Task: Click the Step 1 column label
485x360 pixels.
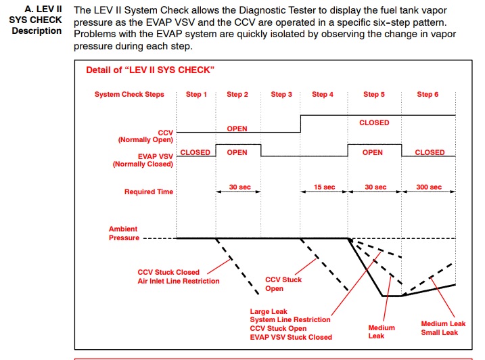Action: tap(197, 95)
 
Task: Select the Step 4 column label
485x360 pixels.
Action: tap(323, 95)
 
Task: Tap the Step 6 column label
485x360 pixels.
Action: tap(428, 95)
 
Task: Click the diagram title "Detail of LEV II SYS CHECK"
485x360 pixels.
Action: tap(150, 70)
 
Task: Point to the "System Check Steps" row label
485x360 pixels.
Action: tap(129, 95)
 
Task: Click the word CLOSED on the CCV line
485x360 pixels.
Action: tap(374, 123)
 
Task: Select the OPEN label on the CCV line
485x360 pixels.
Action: tap(237, 129)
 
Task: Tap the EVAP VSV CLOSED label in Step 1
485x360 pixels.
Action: tap(195, 153)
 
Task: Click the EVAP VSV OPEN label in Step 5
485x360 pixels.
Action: tap(373, 153)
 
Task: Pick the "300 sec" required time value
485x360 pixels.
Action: tap(428, 187)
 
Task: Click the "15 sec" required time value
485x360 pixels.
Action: tap(324, 187)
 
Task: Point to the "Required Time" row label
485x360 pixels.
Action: tap(149, 192)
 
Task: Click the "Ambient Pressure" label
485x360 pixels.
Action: tap(124, 233)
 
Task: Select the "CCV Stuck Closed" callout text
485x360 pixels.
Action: tap(168, 273)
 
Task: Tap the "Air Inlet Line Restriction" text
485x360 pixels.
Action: tap(179, 282)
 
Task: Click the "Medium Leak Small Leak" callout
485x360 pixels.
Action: tap(439, 328)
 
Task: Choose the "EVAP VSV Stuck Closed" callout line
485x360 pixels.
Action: tap(291, 337)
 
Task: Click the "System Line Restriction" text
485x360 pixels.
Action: tap(290, 320)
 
